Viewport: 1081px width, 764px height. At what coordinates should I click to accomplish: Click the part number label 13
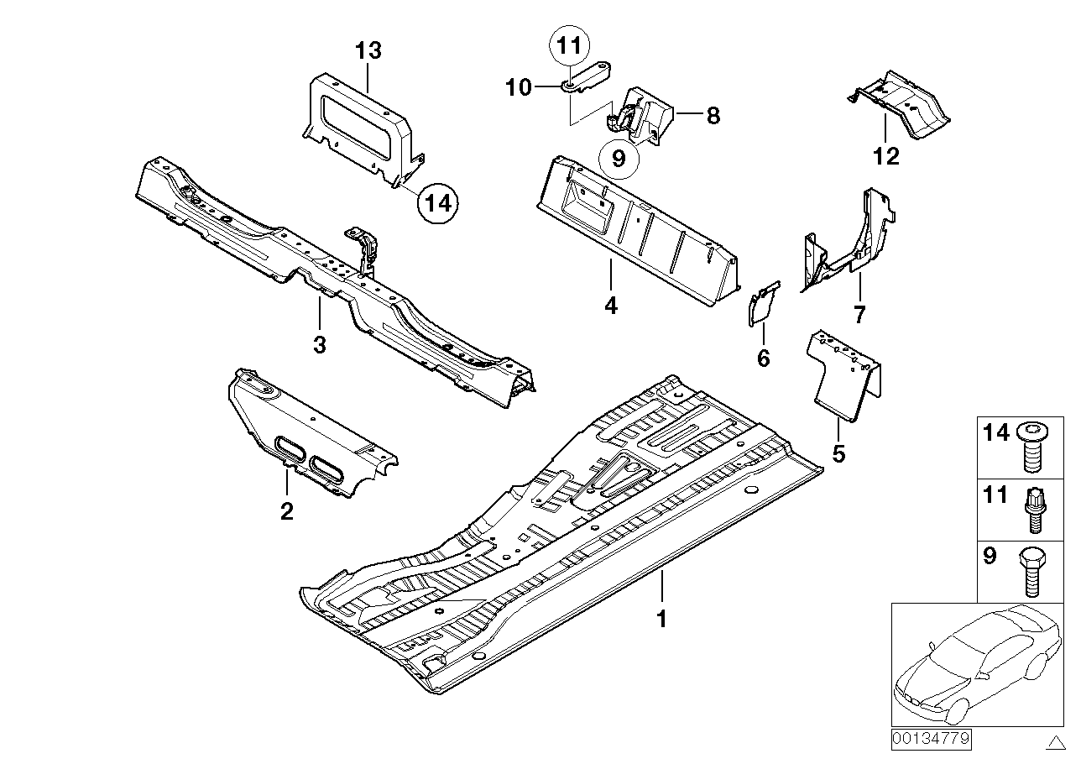368,51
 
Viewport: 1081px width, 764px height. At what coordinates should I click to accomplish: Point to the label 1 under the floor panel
661,620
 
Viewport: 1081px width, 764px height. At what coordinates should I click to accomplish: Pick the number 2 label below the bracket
286,510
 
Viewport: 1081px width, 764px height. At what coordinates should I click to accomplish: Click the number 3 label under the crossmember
320,343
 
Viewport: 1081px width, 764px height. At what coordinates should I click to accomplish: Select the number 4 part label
610,306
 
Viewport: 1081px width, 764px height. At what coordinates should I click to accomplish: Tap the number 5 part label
838,454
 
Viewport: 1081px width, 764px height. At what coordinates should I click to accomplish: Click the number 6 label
763,358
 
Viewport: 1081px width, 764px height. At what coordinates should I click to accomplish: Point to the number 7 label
859,316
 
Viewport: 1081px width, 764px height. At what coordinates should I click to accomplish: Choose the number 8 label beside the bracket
713,115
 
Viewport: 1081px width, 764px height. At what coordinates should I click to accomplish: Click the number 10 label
520,86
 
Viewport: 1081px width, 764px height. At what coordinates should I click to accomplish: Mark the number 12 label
886,155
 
